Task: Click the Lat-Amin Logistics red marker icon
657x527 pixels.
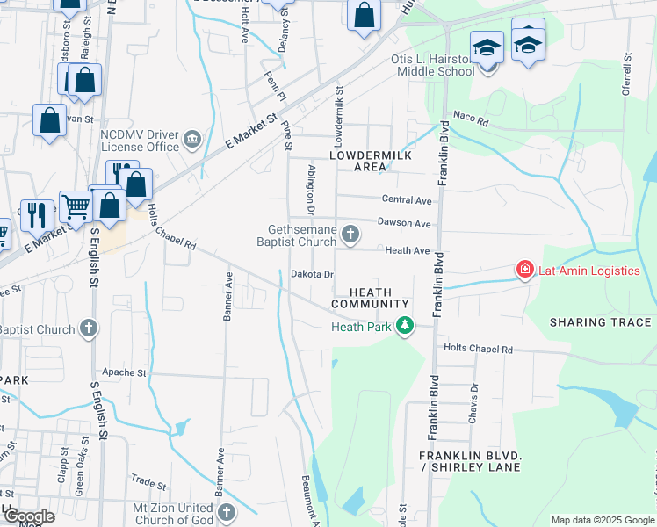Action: click(525, 270)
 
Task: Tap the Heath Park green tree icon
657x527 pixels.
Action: click(404, 327)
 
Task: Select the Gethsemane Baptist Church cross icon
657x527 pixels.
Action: click(350, 234)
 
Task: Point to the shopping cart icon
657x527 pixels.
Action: click(76, 207)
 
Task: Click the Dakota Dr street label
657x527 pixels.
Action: click(312, 274)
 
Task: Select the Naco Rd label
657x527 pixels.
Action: click(470, 120)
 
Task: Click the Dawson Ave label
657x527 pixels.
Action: click(404, 224)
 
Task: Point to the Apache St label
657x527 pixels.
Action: click(124, 372)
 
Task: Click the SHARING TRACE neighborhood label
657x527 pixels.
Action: click(601, 322)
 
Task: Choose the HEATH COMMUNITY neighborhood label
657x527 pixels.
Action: click(370, 298)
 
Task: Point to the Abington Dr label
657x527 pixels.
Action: click(310, 189)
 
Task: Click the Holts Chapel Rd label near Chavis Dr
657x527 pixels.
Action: click(478, 349)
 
